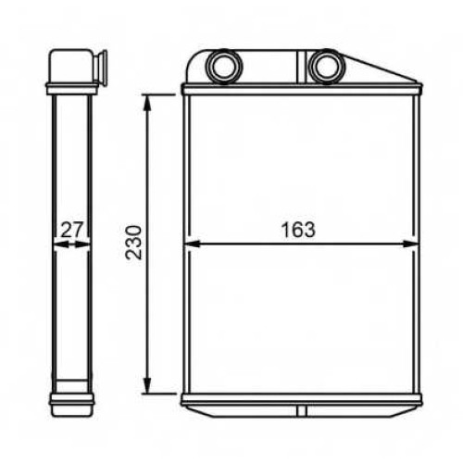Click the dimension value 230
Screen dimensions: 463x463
(x=133, y=243)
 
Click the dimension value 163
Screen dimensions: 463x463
(x=298, y=230)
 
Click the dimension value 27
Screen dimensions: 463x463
(x=72, y=230)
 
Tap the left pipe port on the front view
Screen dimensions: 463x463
(x=225, y=67)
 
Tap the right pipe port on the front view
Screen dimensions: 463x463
(x=327, y=67)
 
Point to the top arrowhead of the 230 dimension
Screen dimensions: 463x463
(x=148, y=103)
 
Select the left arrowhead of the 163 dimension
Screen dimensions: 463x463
(x=192, y=244)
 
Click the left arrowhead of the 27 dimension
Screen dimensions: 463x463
(x=61, y=244)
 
